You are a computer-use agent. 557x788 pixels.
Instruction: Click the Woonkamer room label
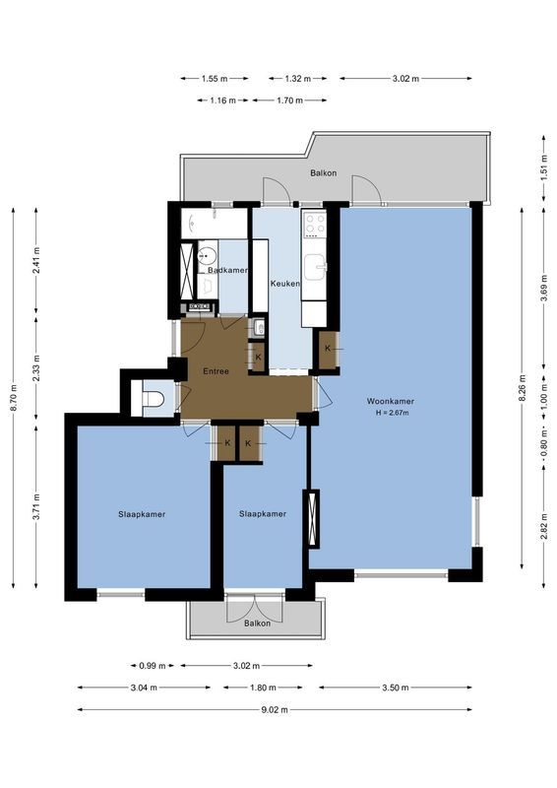tap(391, 402)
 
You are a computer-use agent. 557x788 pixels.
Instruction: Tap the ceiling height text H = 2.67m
tap(391, 413)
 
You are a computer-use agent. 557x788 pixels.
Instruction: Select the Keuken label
tap(284, 284)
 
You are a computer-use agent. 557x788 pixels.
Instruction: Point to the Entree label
tap(216, 371)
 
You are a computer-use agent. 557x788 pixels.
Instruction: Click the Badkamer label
tap(227, 270)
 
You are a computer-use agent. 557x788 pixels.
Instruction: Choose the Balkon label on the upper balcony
tap(323, 173)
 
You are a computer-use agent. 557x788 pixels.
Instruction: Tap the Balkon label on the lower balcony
tap(257, 624)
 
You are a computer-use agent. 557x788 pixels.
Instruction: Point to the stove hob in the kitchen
tap(313, 226)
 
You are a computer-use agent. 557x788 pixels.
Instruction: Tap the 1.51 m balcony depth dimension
tap(543, 168)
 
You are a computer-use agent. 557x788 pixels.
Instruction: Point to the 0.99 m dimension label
tap(151, 665)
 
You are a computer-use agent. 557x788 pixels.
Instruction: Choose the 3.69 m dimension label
tap(543, 293)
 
